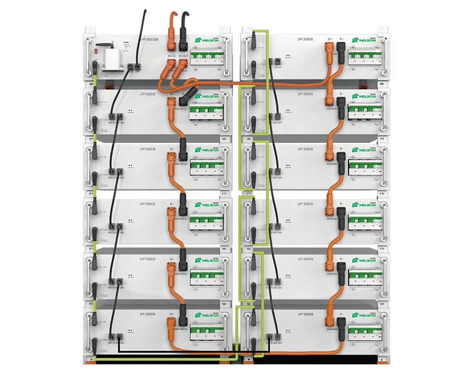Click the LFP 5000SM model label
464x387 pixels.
pyautogui.click(x=142, y=38)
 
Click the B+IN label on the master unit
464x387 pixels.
pyautogui.click(x=172, y=56)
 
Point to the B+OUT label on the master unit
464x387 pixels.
pyautogui.click(x=184, y=56)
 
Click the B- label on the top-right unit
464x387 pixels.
pyautogui.click(x=341, y=39)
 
